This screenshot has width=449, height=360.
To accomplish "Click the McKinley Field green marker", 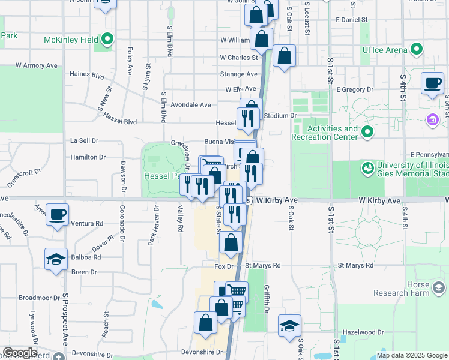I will tap(108, 40).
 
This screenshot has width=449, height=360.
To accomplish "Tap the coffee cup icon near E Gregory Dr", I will tap(432, 83).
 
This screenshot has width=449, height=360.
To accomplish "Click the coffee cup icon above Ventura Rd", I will tap(58, 215).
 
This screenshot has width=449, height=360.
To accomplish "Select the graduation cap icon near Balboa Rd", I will tap(56, 259).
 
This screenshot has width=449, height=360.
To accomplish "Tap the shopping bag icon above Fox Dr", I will tap(231, 243).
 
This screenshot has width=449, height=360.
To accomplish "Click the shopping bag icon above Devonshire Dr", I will tap(205, 322).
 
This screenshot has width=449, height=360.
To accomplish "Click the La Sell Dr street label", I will tap(84, 140).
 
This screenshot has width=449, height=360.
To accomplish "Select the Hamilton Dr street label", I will tap(88, 157).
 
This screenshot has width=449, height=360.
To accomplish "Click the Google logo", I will tap(20, 353).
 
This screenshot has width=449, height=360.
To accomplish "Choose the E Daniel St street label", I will tap(352, 20).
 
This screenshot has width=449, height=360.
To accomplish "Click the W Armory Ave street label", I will tap(36, 65).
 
